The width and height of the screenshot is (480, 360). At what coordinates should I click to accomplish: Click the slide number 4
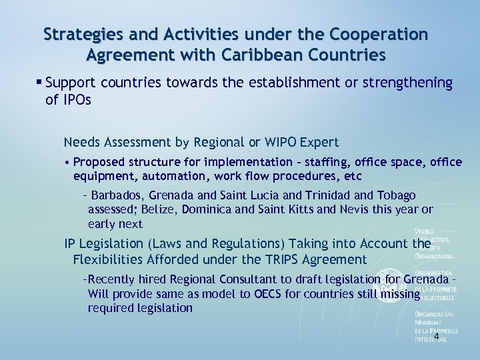[436, 337]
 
